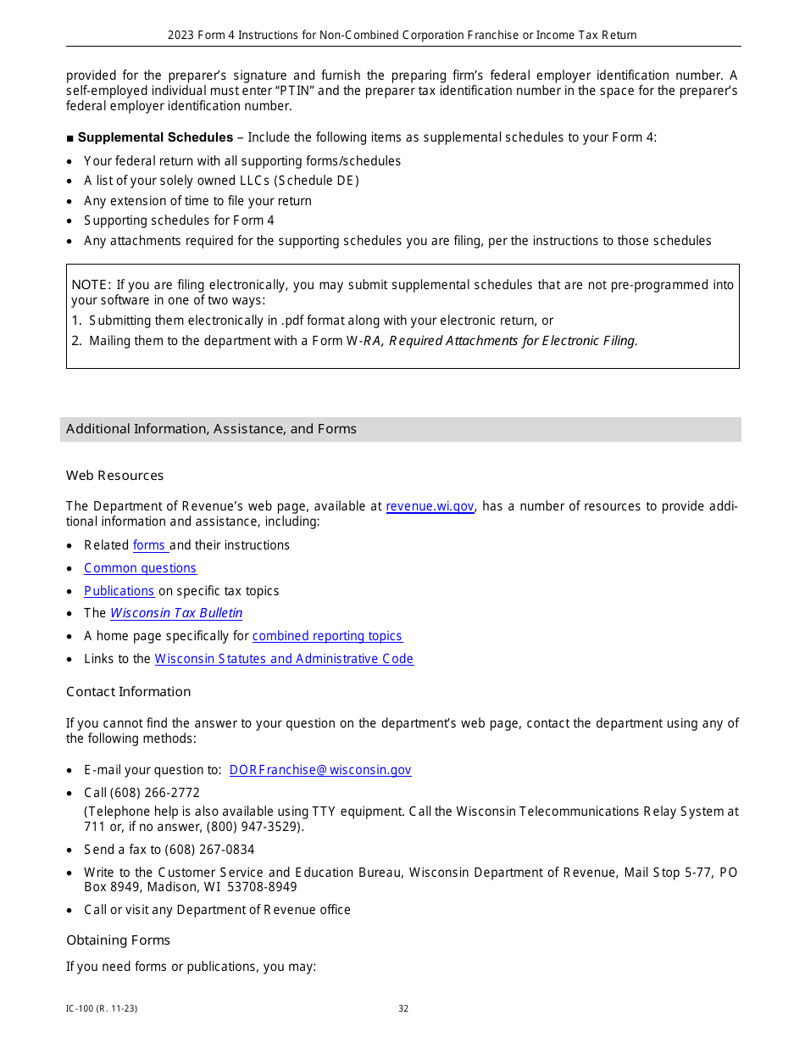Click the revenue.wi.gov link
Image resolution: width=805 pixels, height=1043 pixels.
[430, 506]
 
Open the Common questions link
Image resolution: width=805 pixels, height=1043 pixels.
[140, 568]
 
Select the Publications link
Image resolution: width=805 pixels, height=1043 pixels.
[119, 591]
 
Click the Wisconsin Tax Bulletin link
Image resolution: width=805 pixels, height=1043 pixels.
[176, 613]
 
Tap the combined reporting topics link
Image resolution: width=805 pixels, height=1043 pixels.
[327, 636]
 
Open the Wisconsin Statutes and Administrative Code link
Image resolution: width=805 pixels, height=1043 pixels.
[284, 659]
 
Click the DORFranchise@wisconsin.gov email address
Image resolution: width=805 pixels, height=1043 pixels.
[320, 770]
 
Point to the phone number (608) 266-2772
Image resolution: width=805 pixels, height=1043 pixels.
[155, 793]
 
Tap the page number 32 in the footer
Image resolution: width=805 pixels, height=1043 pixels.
[403, 1009]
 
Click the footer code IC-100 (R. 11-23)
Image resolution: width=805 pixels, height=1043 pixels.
[102, 1009]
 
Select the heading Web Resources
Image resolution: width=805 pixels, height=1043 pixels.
[114, 476]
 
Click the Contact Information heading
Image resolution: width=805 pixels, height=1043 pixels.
[128, 692]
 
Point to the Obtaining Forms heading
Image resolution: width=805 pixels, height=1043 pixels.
[118, 940]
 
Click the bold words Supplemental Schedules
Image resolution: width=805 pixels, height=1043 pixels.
[155, 137]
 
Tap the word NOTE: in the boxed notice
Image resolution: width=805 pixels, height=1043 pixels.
[92, 285]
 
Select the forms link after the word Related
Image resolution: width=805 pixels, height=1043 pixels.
[150, 545]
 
